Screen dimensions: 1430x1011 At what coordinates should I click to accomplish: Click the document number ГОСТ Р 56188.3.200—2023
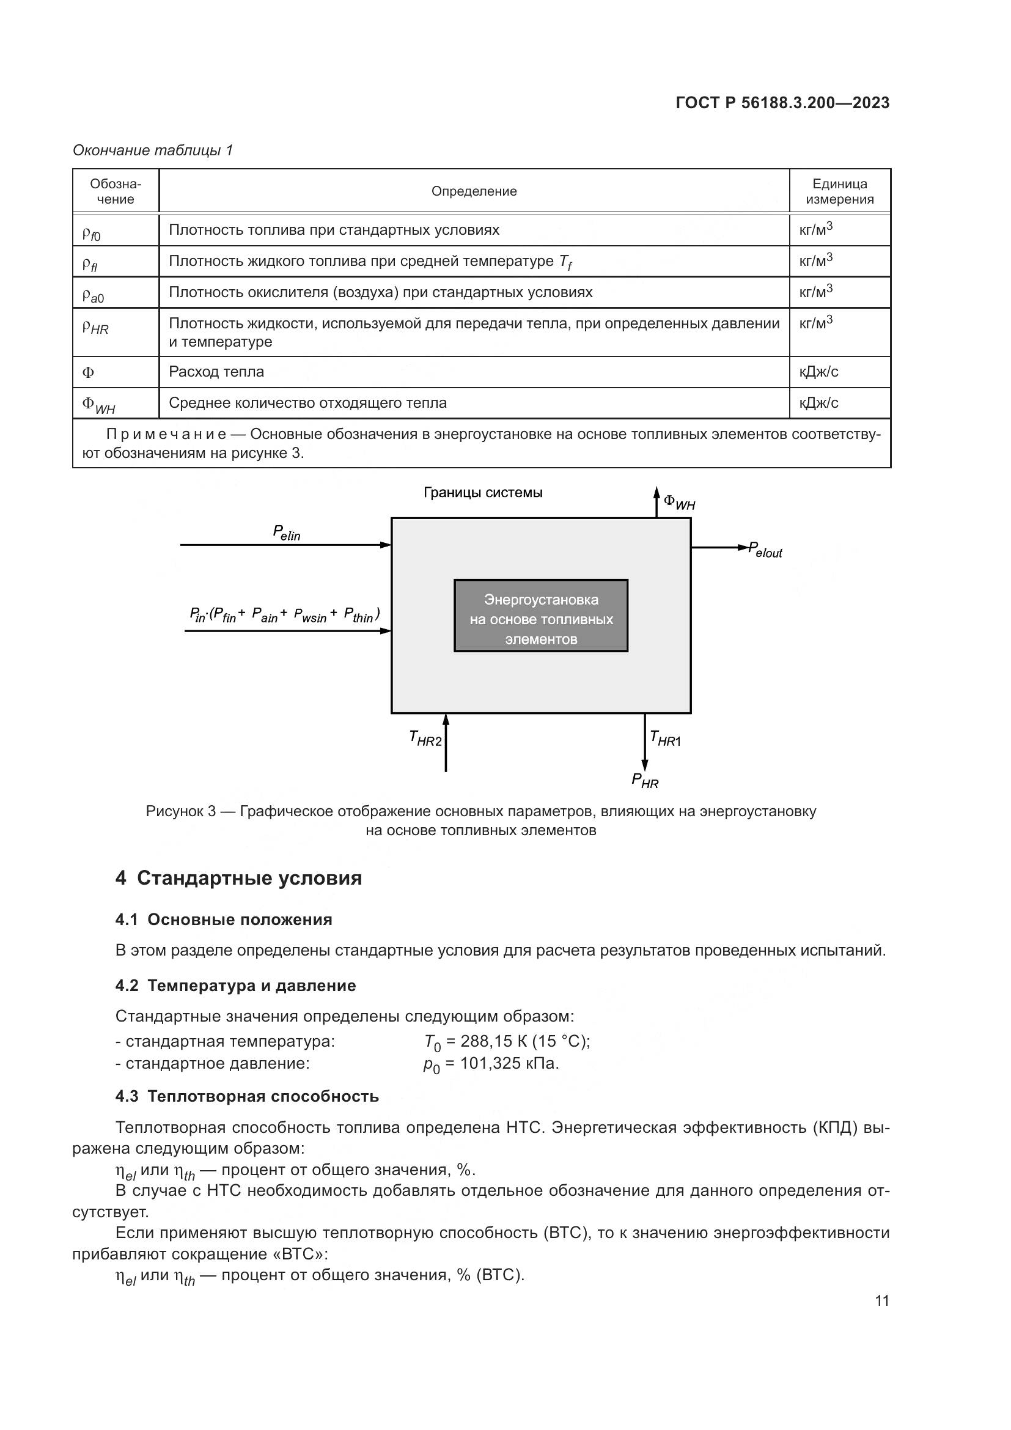click(x=782, y=103)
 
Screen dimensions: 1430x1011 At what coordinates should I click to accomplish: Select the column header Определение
click(x=474, y=191)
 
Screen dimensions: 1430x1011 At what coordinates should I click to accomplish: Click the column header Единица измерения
click(x=839, y=191)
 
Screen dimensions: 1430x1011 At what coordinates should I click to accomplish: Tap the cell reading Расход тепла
click(x=216, y=372)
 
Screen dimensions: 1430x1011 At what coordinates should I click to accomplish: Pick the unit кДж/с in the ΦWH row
click(x=818, y=403)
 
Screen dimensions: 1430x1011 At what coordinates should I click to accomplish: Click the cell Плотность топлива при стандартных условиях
click(x=334, y=230)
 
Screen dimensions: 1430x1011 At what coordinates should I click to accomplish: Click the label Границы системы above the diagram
click(x=482, y=493)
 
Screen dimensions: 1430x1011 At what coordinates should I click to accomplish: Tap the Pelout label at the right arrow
click(x=765, y=550)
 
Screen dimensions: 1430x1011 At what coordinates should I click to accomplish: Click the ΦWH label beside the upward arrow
click(x=679, y=502)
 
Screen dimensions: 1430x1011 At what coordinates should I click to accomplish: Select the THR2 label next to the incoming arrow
click(x=425, y=739)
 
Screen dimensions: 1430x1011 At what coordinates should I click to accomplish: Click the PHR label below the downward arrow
click(x=644, y=781)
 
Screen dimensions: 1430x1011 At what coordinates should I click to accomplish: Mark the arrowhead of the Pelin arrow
click(x=386, y=545)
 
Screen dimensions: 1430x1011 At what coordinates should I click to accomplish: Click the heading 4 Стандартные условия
click(x=238, y=878)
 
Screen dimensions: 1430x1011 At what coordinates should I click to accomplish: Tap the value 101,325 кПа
click(x=509, y=1063)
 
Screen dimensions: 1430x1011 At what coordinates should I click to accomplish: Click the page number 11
click(x=881, y=1301)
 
